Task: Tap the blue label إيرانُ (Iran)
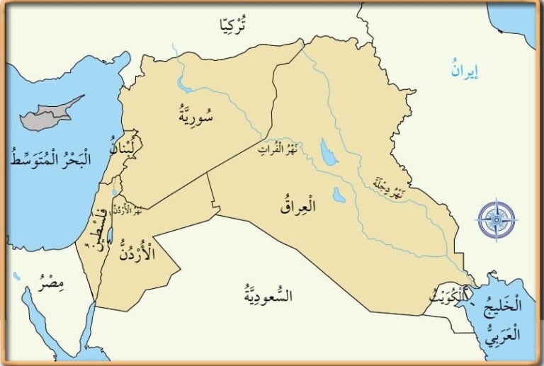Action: point(465,70)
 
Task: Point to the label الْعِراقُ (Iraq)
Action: point(298,206)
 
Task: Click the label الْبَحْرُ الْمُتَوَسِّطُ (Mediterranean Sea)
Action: point(51,156)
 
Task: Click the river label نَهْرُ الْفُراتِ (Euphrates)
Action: point(276,148)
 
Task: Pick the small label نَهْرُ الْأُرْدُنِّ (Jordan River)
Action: point(127,210)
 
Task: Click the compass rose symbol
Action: point(496,220)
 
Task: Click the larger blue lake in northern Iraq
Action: point(328,151)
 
